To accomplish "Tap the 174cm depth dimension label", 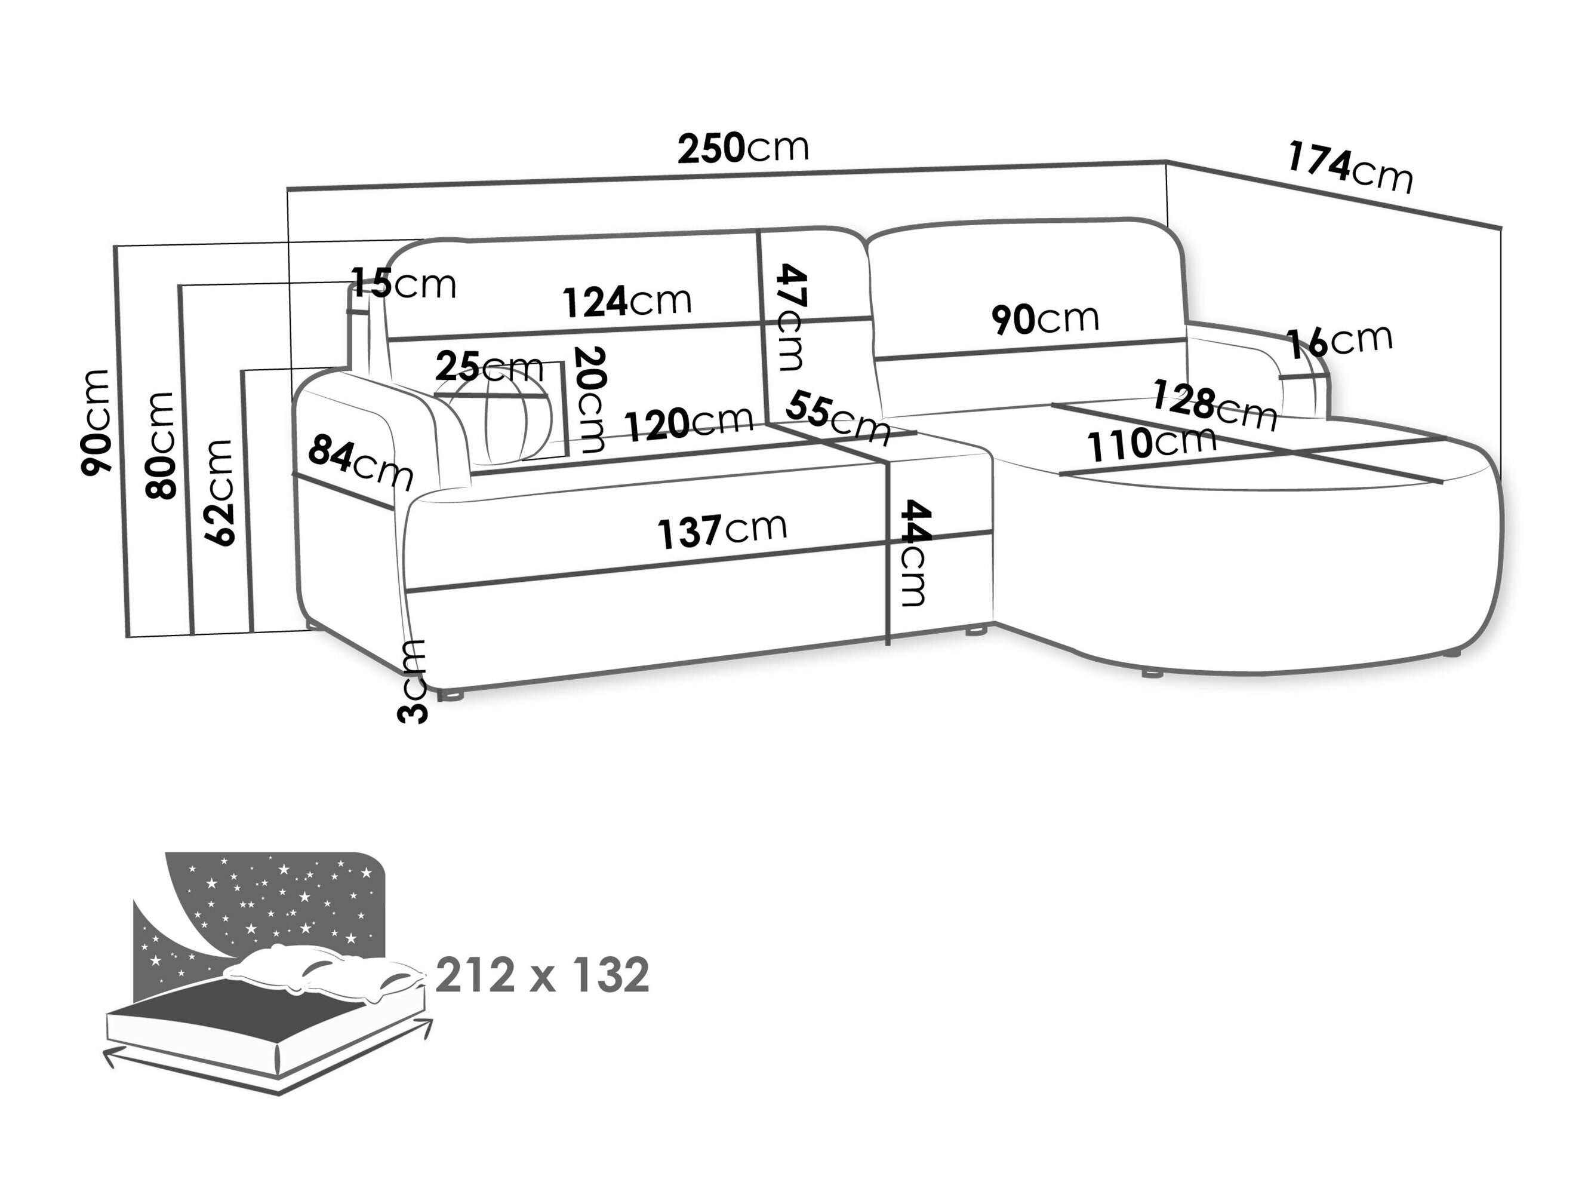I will click(1349, 169).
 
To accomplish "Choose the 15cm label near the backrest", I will click(404, 283).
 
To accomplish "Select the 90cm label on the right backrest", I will click(1045, 318).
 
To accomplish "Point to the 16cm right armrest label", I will click(1339, 341).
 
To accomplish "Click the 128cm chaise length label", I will click(1215, 405).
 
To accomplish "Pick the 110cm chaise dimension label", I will click(1151, 444).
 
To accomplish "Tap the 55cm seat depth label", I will click(838, 418).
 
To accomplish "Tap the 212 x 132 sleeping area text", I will click(542, 975).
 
